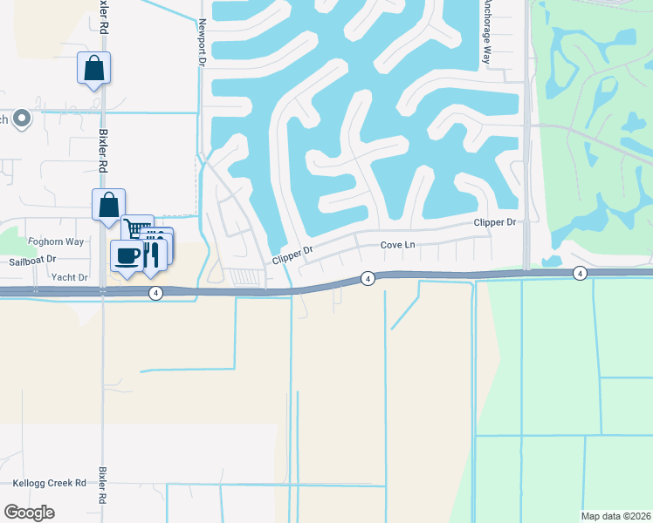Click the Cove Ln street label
397,245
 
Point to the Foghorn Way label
56,241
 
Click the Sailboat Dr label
32,260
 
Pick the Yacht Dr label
70,277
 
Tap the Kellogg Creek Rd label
50,482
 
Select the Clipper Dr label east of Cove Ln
495,222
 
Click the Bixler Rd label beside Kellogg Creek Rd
102,486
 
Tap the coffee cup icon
127,255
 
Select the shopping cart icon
137,229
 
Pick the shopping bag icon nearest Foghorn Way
108,206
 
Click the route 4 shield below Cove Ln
368,278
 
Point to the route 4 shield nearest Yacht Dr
155,293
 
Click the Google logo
29,513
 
